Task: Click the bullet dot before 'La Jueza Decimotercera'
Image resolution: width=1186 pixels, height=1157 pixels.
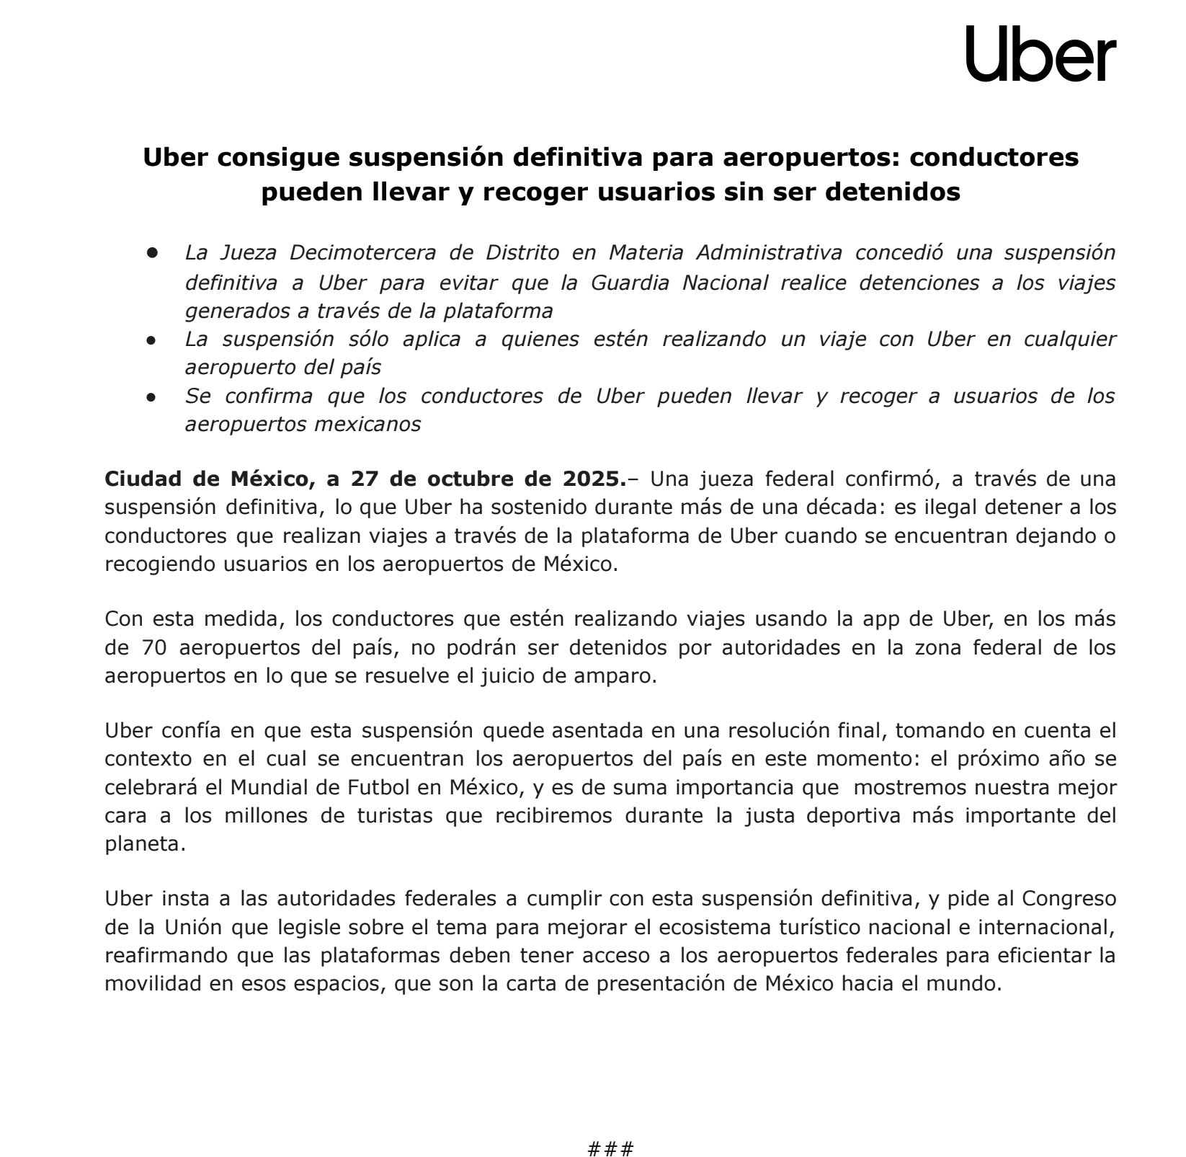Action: pyautogui.click(x=152, y=253)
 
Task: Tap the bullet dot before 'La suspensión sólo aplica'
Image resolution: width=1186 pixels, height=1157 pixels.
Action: pyautogui.click(x=152, y=339)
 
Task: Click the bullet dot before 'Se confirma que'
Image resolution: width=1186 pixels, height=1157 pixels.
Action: pyautogui.click(x=152, y=396)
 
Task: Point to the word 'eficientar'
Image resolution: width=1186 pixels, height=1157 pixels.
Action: pyautogui.click(x=1038, y=955)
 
